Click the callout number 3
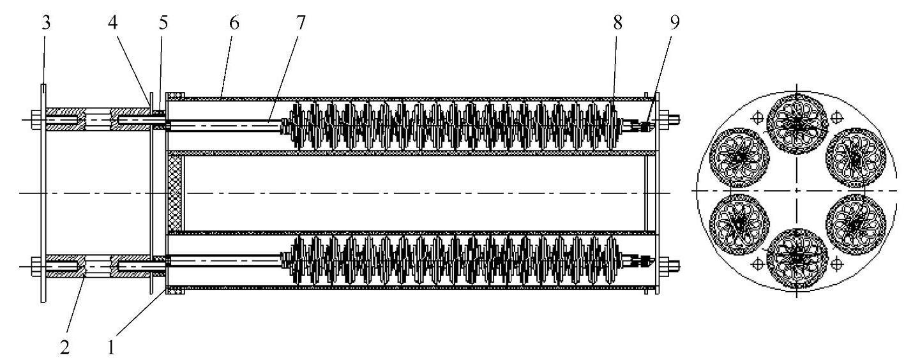(45, 24)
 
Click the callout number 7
(301, 24)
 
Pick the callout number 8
(617, 24)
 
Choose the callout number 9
(675, 24)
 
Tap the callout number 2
(64, 348)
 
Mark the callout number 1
(112, 348)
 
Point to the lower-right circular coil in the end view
(855, 225)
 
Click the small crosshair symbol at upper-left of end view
(758, 117)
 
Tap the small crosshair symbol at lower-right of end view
(835, 263)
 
